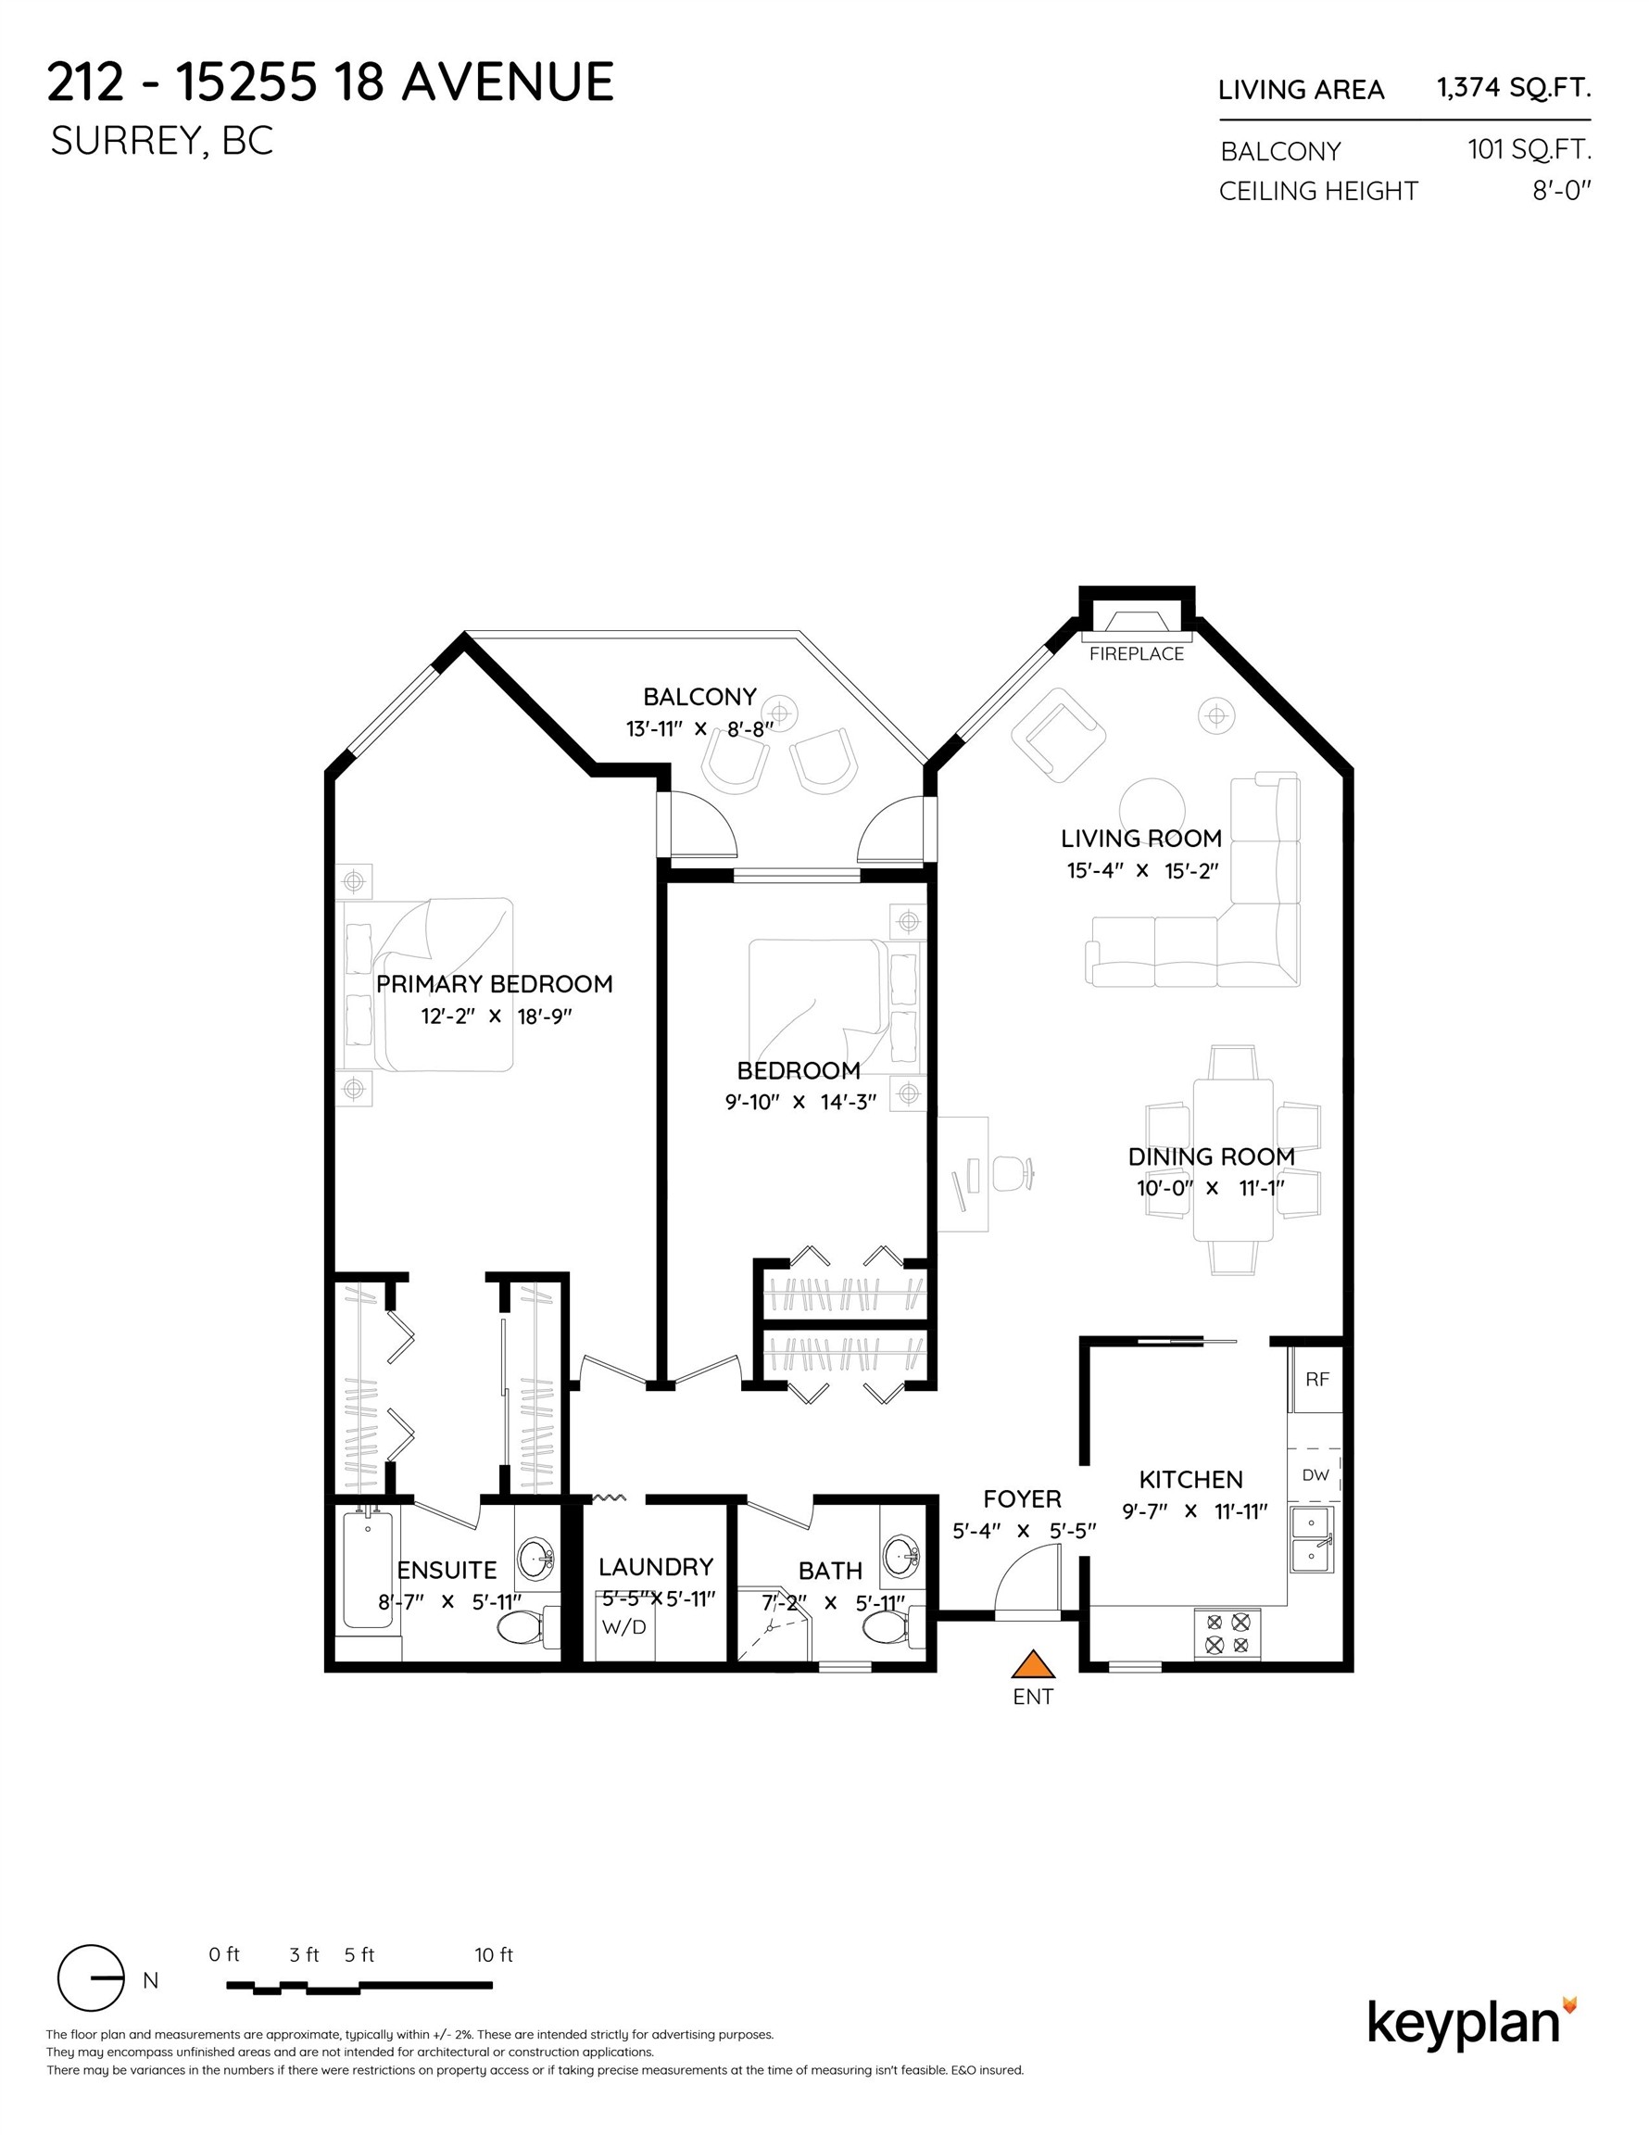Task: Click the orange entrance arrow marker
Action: pyautogui.click(x=1031, y=1665)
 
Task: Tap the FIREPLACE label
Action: pyautogui.click(x=1136, y=654)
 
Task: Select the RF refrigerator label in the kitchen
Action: pyautogui.click(x=1316, y=1380)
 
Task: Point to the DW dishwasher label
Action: pyautogui.click(x=1315, y=1475)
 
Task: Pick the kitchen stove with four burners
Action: pyautogui.click(x=1227, y=1634)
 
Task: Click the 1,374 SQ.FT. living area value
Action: pyautogui.click(x=1513, y=88)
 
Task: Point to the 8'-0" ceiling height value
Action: pyautogui.click(x=1561, y=191)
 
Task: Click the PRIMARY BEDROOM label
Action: pyautogui.click(x=495, y=984)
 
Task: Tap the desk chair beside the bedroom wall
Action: pyautogui.click(x=1013, y=1172)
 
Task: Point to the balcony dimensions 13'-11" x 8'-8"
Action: pyautogui.click(x=699, y=729)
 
